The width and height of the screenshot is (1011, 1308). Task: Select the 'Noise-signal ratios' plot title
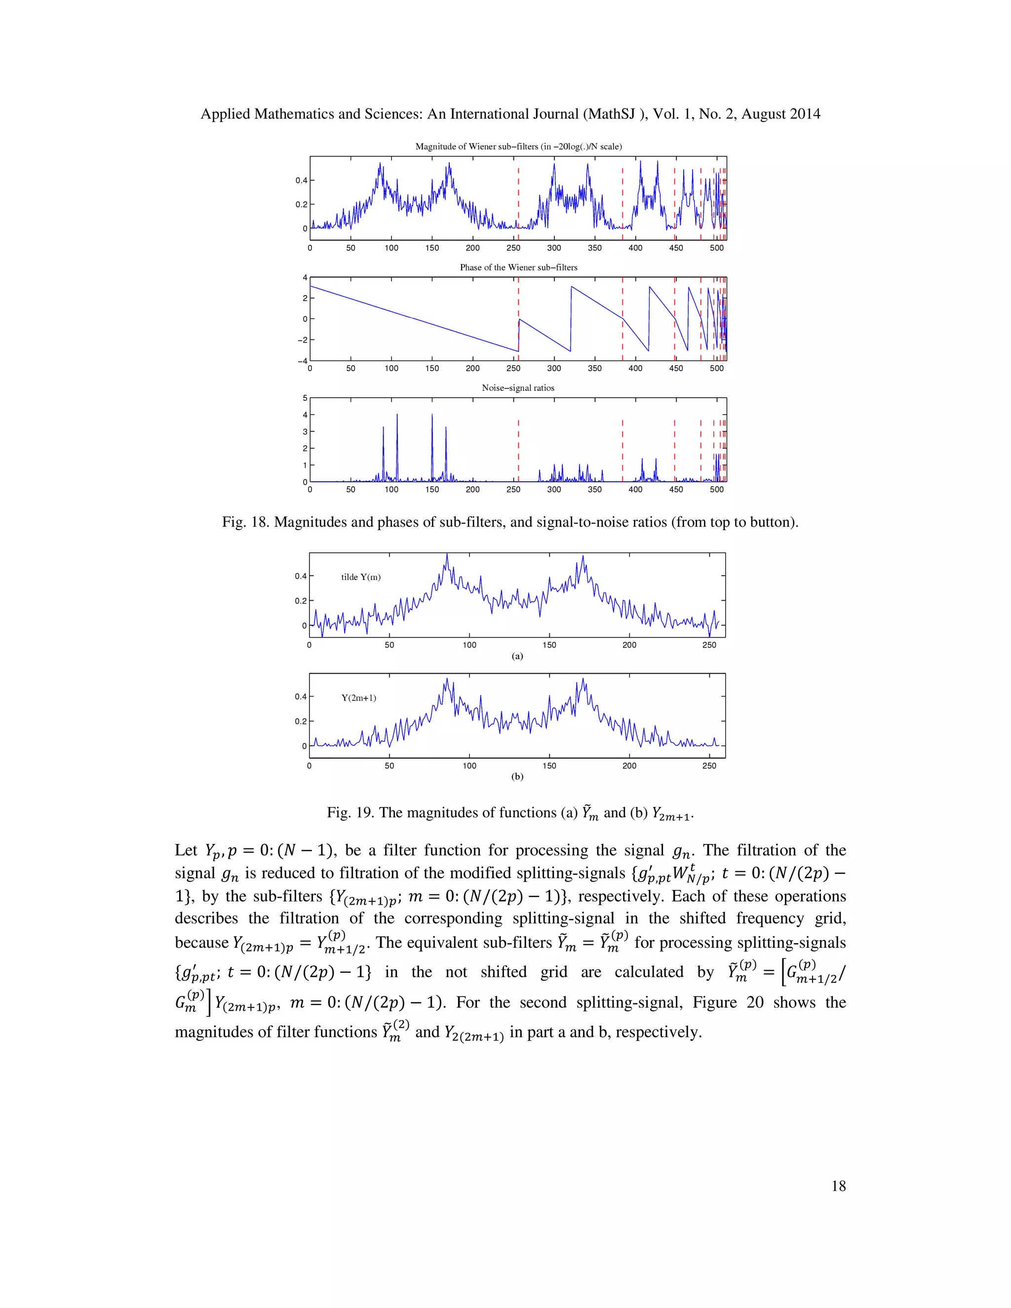tap(518, 388)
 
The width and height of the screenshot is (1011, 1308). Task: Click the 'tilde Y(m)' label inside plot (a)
tap(360, 577)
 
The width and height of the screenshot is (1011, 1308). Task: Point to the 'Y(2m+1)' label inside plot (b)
tap(359, 698)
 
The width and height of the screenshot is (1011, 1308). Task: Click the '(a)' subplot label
tap(517, 656)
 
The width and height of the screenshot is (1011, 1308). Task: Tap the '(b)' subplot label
tap(517, 777)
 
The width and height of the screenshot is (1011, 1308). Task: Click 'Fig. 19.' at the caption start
tap(350, 813)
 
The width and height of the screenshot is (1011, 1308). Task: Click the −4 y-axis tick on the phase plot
tap(303, 361)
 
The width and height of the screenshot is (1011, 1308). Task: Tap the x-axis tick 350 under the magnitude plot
tap(594, 248)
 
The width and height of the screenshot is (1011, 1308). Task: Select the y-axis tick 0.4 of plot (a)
tap(300, 576)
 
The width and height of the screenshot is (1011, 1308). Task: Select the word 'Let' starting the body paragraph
tap(186, 850)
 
